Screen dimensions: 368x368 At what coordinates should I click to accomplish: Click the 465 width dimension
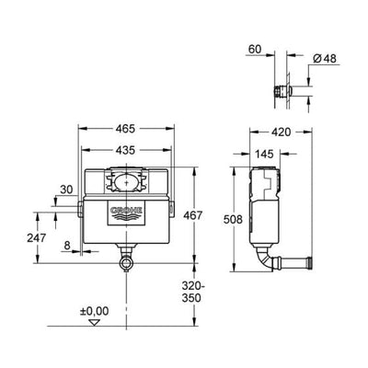point(125,129)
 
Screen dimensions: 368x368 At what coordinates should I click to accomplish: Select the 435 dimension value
point(125,150)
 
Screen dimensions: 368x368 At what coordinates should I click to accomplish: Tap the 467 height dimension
point(193,215)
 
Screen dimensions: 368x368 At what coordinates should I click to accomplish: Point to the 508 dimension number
point(233,219)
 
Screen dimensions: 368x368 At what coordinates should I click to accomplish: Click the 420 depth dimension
point(282,132)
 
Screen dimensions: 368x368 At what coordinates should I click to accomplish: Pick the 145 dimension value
point(264,154)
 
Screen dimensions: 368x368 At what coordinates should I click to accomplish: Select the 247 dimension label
point(37,237)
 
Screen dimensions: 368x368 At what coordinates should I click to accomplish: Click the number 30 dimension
point(66,190)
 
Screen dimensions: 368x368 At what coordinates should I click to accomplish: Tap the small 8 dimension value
point(67,246)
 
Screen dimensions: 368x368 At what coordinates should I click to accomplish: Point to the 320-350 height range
point(193,292)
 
